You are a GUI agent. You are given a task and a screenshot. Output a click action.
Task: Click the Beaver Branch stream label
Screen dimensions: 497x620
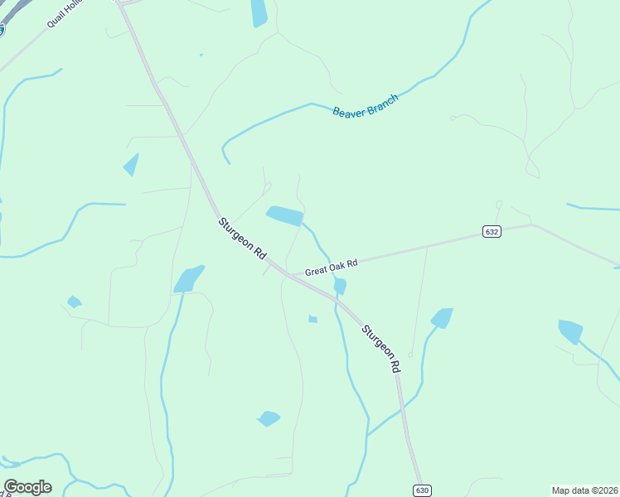pyautogui.click(x=366, y=106)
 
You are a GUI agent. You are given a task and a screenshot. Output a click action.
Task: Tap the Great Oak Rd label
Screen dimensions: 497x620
pyautogui.click(x=331, y=267)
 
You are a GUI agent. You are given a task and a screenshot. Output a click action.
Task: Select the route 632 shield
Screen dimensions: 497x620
pyautogui.click(x=492, y=232)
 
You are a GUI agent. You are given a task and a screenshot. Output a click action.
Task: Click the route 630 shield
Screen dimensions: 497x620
pyautogui.click(x=423, y=490)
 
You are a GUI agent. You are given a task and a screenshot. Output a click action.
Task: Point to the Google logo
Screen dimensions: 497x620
pyautogui.click(x=27, y=487)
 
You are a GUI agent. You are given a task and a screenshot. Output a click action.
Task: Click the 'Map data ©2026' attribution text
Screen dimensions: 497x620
pyautogui.click(x=584, y=490)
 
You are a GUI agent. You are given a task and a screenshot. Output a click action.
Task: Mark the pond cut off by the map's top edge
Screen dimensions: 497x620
pyautogui.click(x=259, y=12)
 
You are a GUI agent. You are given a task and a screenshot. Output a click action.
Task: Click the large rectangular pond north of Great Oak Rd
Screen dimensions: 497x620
pyautogui.click(x=284, y=215)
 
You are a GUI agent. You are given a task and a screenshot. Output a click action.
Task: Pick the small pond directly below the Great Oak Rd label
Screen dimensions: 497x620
pyautogui.click(x=340, y=286)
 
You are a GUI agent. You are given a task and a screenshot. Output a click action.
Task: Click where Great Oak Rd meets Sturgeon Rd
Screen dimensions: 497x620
pyautogui.click(x=285, y=274)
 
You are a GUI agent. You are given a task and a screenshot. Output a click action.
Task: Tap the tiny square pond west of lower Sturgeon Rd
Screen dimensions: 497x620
pyautogui.click(x=312, y=319)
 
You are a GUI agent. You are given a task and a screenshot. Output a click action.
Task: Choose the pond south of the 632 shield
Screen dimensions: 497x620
pyautogui.click(x=442, y=318)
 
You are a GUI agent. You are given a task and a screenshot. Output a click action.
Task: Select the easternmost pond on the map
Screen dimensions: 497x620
pyautogui.click(x=570, y=331)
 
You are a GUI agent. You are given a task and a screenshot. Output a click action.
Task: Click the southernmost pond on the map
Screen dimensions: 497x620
pyautogui.click(x=269, y=418)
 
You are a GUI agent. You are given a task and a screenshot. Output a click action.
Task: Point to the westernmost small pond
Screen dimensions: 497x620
pyautogui.click(x=74, y=302)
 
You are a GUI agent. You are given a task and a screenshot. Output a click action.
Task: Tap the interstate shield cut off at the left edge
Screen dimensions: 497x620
pyautogui.click(x=2, y=30)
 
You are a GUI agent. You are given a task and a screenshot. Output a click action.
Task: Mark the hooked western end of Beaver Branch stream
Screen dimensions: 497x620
pyautogui.click(x=225, y=154)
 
